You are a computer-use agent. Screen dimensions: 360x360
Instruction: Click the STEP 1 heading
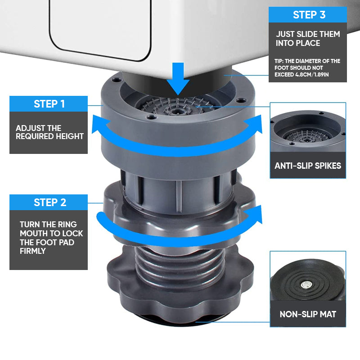pos(49,104)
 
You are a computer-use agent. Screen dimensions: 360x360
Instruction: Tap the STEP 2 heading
pos(49,202)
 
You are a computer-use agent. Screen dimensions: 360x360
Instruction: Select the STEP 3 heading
pos(309,14)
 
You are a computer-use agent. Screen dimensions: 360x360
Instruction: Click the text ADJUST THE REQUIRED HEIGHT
pos(49,132)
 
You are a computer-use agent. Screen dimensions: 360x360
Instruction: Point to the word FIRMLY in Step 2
pos(32,251)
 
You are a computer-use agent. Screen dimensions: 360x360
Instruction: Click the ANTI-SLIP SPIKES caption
pos(308,166)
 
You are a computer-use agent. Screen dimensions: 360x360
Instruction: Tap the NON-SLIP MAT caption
pos(308,315)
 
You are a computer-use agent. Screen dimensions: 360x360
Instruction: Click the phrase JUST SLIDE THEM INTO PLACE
pos(308,39)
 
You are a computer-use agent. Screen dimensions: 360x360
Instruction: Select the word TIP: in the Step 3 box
pos(280,61)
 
